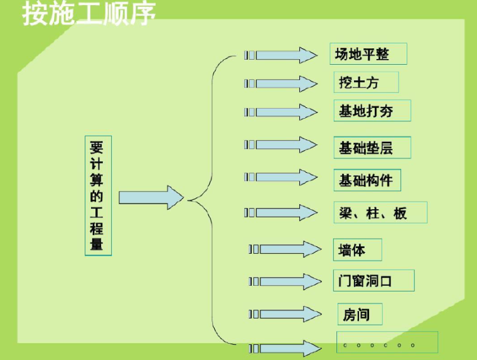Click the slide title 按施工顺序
tap(89, 14)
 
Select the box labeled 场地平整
tap(368, 54)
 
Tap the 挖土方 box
tap(365, 82)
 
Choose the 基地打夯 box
tap(371, 111)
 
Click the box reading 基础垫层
tap(371, 148)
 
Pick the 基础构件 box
tap(366, 180)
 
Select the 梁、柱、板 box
tap(380, 213)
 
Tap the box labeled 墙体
tap(357, 250)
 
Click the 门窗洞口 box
tap(373, 280)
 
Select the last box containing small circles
tap(387, 344)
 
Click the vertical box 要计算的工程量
tap(97, 195)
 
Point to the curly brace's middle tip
tap(189, 200)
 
